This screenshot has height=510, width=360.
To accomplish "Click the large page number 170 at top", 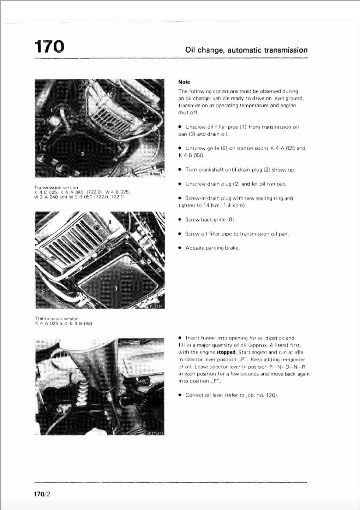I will (x=49, y=46).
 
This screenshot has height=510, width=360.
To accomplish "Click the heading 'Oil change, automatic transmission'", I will (x=246, y=50).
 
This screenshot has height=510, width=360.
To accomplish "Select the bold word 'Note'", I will (x=184, y=82).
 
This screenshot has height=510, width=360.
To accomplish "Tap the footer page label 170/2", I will (x=42, y=494).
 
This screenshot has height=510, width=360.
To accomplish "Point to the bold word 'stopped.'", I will (x=226, y=352).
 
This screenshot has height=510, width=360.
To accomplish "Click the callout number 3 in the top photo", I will (x=82, y=154).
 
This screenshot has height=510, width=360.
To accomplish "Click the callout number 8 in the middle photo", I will (x=110, y=222).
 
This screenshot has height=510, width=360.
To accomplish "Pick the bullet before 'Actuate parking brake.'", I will (x=180, y=248).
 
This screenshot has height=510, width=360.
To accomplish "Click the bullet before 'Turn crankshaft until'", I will (x=180, y=170).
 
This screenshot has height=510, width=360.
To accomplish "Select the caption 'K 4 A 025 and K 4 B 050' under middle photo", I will (x=64, y=324).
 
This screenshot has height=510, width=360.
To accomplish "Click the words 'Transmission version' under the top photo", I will (x=56, y=187).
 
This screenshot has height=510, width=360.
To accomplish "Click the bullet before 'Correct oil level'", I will (x=180, y=395).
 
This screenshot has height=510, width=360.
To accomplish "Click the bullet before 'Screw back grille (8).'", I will (x=180, y=220).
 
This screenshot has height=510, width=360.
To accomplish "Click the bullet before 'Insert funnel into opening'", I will (x=180, y=338).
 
